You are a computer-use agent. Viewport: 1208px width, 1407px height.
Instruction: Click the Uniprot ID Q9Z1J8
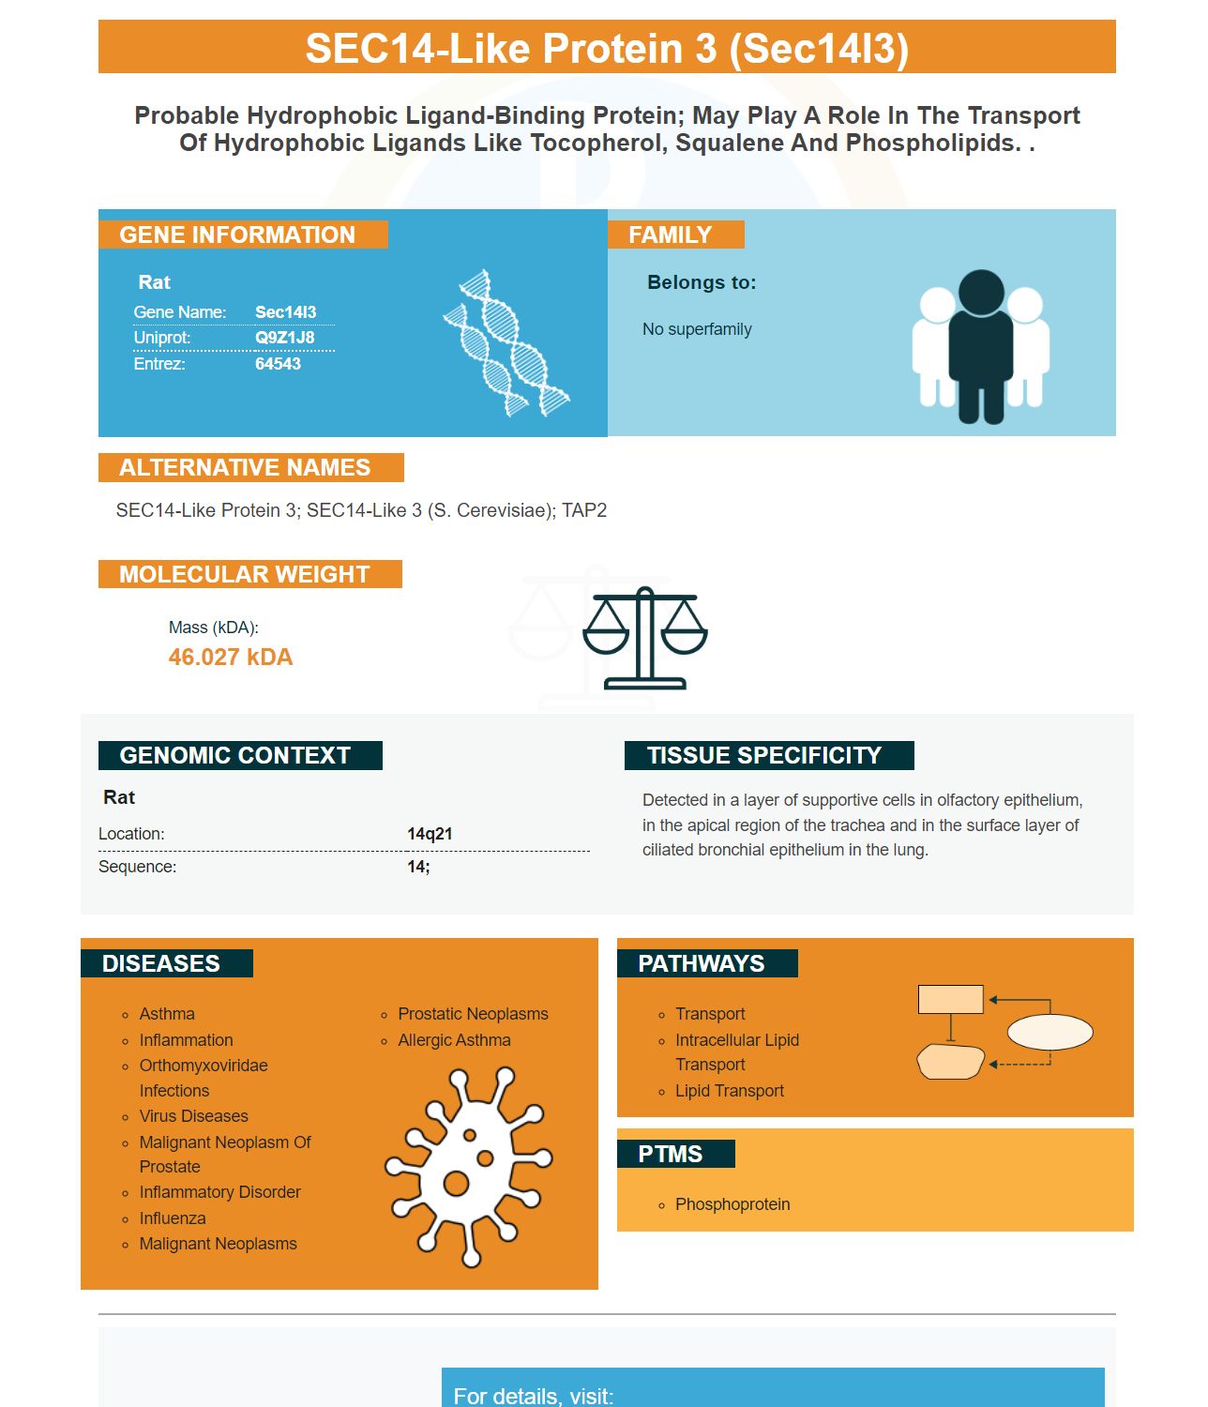click(x=284, y=338)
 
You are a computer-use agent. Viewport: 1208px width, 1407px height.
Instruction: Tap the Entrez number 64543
click(x=277, y=364)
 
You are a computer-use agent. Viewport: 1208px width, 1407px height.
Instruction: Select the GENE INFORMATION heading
click(x=237, y=234)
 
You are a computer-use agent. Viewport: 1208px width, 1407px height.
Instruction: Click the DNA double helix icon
click(x=506, y=343)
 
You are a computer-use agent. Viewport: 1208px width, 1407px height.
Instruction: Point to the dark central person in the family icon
click(x=980, y=346)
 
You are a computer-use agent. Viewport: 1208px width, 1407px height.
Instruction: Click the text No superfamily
click(x=696, y=329)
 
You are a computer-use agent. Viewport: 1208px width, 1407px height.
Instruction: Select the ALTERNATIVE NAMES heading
click(x=245, y=468)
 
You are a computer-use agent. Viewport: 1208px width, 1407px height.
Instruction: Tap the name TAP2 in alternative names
click(x=583, y=510)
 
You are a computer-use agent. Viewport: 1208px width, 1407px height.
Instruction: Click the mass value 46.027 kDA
click(x=230, y=657)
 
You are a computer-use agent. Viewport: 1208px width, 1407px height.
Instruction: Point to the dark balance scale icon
click(x=644, y=638)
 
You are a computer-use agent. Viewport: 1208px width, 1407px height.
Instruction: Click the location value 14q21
click(x=430, y=834)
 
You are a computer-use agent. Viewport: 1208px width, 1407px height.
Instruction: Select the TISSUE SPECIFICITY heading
click(x=763, y=756)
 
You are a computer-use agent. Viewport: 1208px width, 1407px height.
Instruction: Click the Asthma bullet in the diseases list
click(x=167, y=1014)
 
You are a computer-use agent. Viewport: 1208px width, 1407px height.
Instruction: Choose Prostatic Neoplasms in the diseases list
click(x=473, y=1014)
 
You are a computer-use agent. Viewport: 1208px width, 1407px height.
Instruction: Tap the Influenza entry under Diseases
click(x=173, y=1218)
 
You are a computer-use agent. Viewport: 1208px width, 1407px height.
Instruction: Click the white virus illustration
click(x=468, y=1168)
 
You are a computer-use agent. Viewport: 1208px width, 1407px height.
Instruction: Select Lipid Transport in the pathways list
click(x=729, y=1091)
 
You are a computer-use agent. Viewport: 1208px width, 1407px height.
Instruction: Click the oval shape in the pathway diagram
click(x=1049, y=1032)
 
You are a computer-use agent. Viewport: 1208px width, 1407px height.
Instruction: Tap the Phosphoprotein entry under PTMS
click(x=732, y=1204)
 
